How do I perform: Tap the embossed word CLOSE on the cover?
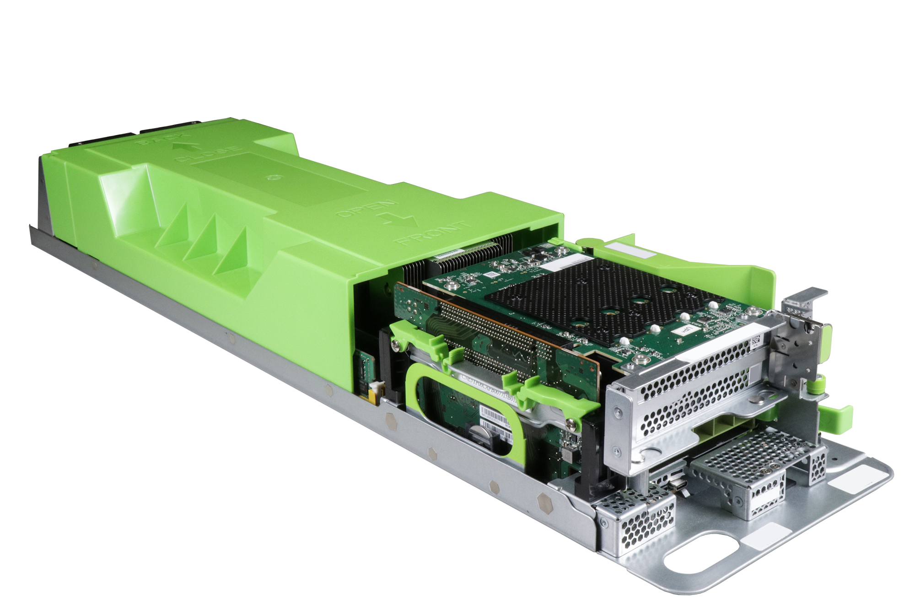[207, 154]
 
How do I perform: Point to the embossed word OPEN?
[366, 209]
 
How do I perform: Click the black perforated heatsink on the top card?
[595, 297]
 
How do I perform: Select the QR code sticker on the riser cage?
[755, 340]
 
